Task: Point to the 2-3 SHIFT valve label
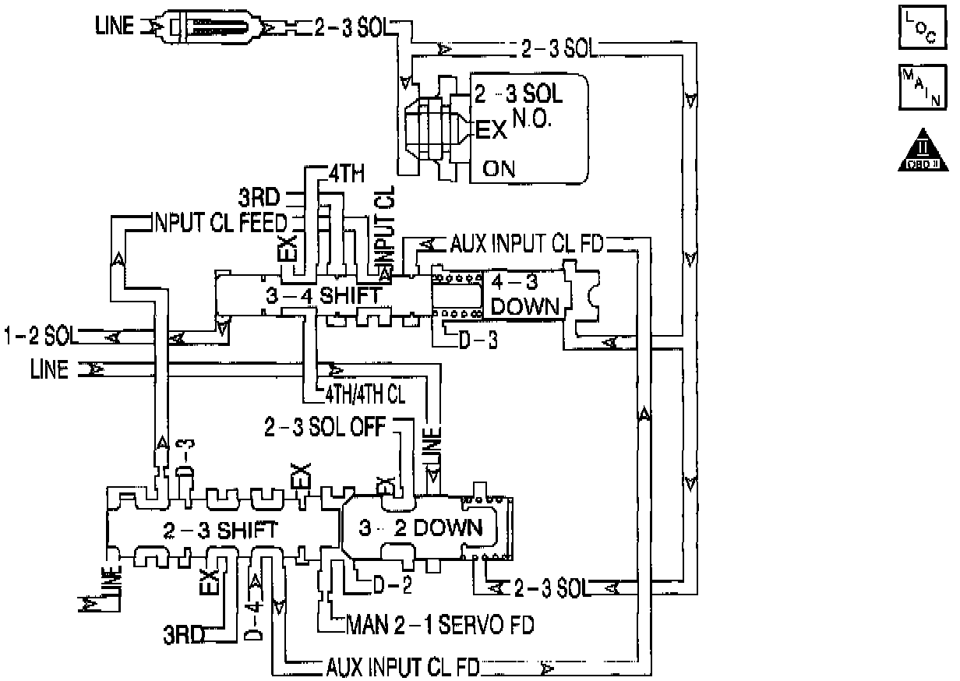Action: pos(220,531)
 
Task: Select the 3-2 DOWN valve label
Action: pos(421,528)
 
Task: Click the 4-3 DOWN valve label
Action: pos(525,295)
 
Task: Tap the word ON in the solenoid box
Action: pos(499,168)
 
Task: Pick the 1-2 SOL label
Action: pos(40,337)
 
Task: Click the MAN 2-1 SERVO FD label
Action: pos(440,625)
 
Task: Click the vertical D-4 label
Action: pos(253,619)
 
